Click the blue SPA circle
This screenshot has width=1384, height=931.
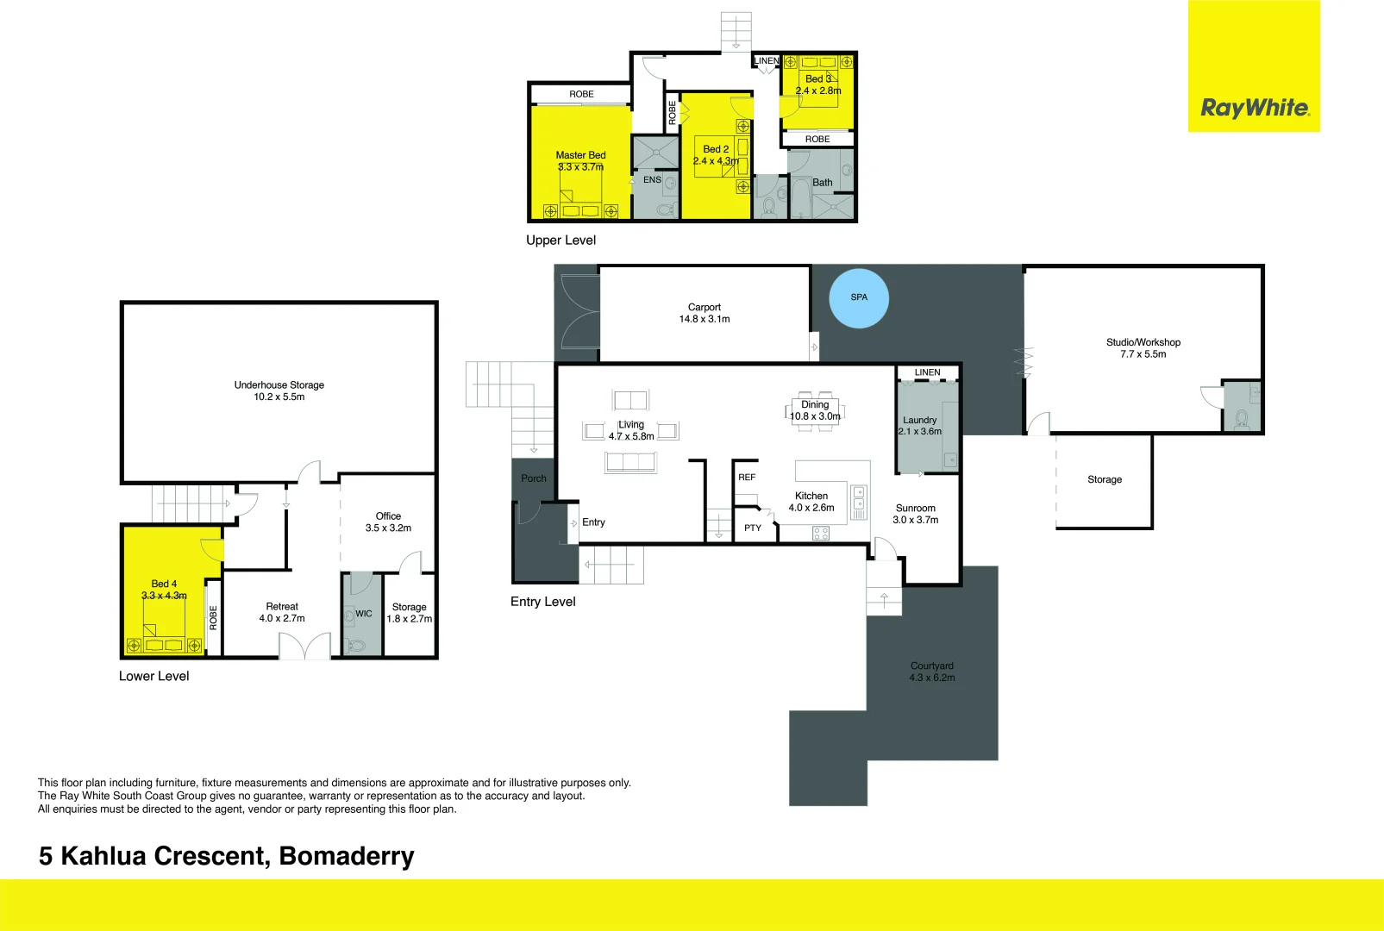pyautogui.click(x=858, y=298)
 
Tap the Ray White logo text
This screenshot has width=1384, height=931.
pyautogui.click(x=1255, y=108)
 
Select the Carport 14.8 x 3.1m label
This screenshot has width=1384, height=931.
pyautogui.click(x=704, y=313)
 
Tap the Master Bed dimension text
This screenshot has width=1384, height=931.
pyautogui.click(x=580, y=167)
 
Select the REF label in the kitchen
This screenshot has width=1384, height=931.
pyautogui.click(x=747, y=477)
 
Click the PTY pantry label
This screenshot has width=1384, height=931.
pyautogui.click(x=753, y=528)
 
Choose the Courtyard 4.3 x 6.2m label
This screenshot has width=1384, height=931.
pyautogui.click(x=931, y=672)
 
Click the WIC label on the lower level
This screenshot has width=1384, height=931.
pyautogui.click(x=364, y=614)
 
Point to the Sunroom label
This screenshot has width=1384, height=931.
pyautogui.click(x=915, y=509)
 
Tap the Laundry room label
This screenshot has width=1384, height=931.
pyautogui.click(x=919, y=420)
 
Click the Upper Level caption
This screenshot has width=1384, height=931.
pyautogui.click(x=560, y=241)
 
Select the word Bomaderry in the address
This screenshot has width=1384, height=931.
pyautogui.click(x=347, y=856)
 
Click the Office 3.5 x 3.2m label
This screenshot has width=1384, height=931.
pyautogui.click(x=388, y=522)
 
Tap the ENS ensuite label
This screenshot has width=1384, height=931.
pyautogui.click(x=652, y=180)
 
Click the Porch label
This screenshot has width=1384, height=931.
pyautogui.click(x=533, y=478)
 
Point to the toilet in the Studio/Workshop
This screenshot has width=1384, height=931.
pyautogui.click(x=1242, y=419)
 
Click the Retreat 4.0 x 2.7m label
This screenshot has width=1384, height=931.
pyautogui.click(x=282, y=612)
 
